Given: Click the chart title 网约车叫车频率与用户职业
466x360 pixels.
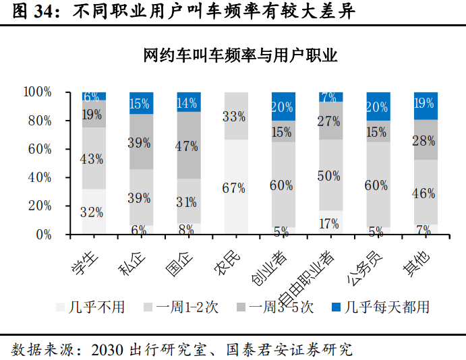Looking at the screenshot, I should (240, 55).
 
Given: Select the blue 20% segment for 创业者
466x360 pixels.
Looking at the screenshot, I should (282, 107).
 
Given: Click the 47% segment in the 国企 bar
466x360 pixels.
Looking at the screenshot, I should (187, 145).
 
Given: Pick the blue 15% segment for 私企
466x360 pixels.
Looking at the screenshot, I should (140, 103).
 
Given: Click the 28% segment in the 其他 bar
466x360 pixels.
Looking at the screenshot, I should (424, 140).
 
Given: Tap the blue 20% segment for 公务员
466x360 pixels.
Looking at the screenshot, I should (376, 107).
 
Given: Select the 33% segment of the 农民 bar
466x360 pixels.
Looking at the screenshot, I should (235, 116).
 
